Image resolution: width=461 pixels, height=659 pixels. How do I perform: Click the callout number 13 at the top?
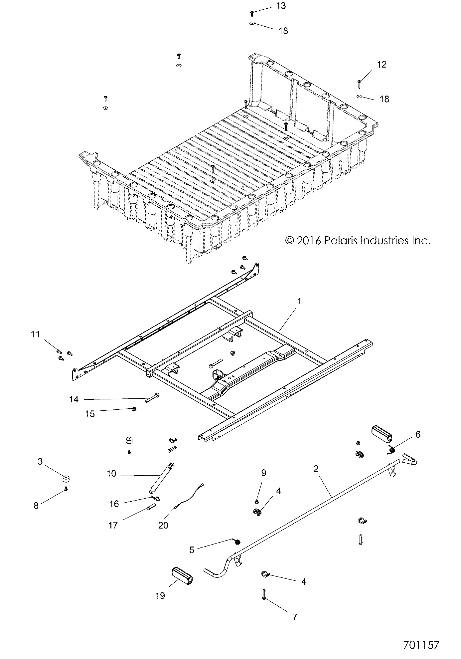[281, 6]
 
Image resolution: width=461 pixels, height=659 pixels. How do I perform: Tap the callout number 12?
[382, 65]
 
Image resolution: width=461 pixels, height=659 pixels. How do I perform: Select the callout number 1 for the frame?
[299, 302]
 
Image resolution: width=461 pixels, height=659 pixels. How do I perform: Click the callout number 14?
[74, 399]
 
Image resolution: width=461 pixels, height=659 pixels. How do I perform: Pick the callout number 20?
[163, 525]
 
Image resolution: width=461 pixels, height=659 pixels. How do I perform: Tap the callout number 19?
[160, 595]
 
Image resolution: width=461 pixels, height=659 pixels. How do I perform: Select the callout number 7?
[294, 617]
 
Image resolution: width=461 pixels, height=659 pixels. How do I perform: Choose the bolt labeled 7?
[263, 594]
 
